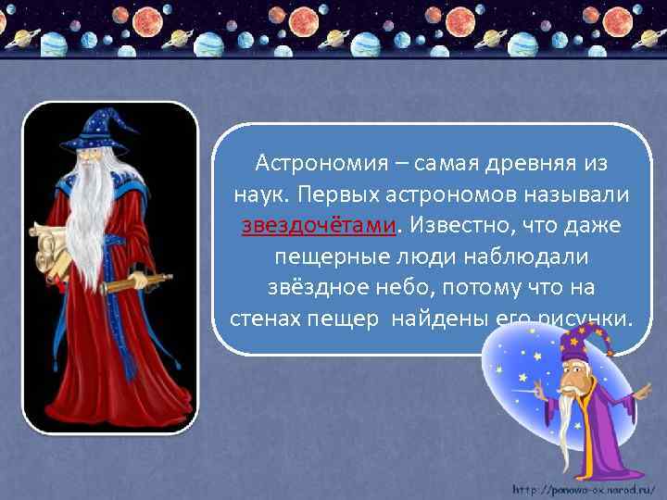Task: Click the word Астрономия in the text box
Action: tap(310, 164)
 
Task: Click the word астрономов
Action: tap(448, 194)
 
